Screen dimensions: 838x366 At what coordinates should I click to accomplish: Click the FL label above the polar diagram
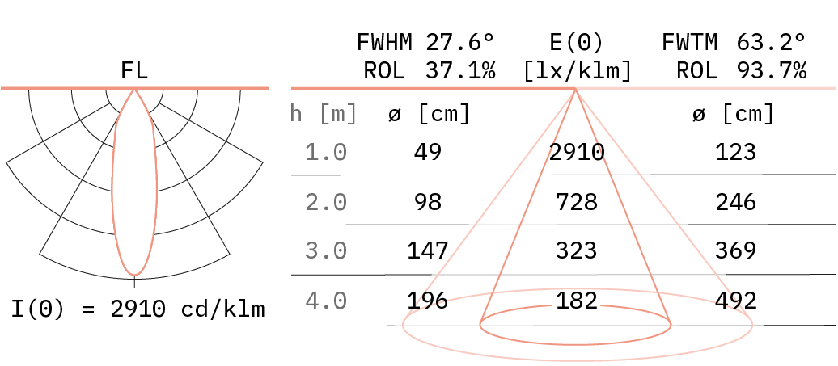pos(134,70)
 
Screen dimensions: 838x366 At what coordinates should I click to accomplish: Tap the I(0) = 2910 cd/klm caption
pos(138,309)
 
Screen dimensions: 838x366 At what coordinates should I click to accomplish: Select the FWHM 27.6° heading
pos(426,42)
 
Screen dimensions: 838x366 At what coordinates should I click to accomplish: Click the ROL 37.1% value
pos(430,70)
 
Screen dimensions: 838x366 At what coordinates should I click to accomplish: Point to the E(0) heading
pos(576,42)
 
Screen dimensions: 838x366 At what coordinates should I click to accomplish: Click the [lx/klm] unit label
pos(578,71)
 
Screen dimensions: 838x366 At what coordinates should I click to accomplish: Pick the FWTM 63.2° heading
pos(734,42)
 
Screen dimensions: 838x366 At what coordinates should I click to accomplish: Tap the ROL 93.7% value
pos(741,70)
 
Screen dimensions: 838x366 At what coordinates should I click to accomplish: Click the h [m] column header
pos(324,114)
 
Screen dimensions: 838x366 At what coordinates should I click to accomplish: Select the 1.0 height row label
pos(326,153)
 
